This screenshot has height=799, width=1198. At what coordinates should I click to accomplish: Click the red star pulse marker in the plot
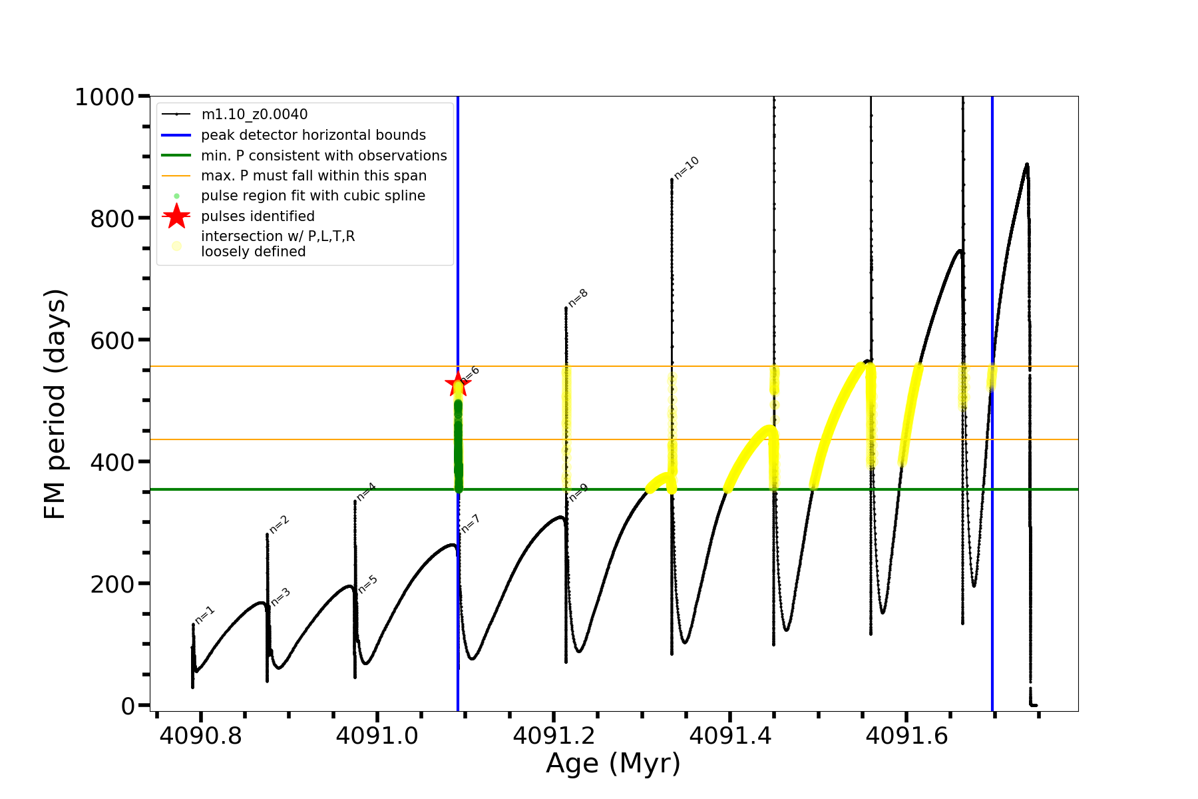(458, 384)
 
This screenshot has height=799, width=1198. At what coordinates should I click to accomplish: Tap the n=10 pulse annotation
(686, 168)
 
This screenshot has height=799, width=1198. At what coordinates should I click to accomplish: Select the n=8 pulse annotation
(578, 298)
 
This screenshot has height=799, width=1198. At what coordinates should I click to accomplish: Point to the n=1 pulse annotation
(204, 615)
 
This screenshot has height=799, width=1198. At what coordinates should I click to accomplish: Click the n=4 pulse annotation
(366, 492)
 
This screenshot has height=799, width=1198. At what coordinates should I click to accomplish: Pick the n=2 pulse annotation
(279, 525)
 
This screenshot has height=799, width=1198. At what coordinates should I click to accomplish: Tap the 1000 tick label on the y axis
(104, 97)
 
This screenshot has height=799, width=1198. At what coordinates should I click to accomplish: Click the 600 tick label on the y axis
(112, 340)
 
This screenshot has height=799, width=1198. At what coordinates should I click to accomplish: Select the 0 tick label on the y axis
(128, 706)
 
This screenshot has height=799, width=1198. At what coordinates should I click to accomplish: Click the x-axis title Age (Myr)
(613, 764)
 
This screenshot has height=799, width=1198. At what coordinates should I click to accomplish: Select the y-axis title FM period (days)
(55, 403)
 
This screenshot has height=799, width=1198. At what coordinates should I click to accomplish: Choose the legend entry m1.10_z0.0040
(254, 115)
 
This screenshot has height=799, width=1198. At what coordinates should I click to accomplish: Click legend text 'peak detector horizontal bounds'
(313, 135)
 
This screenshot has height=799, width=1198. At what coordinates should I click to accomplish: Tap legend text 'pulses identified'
(258, 216)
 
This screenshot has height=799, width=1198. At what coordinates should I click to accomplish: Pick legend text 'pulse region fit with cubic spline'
(313, 196)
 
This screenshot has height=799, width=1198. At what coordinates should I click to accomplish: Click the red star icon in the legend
(176, 216)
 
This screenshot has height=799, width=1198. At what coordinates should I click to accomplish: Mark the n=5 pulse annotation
(368, 584)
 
